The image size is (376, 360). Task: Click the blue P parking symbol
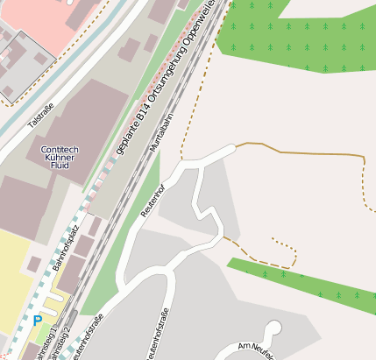click(x=37, y=321)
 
